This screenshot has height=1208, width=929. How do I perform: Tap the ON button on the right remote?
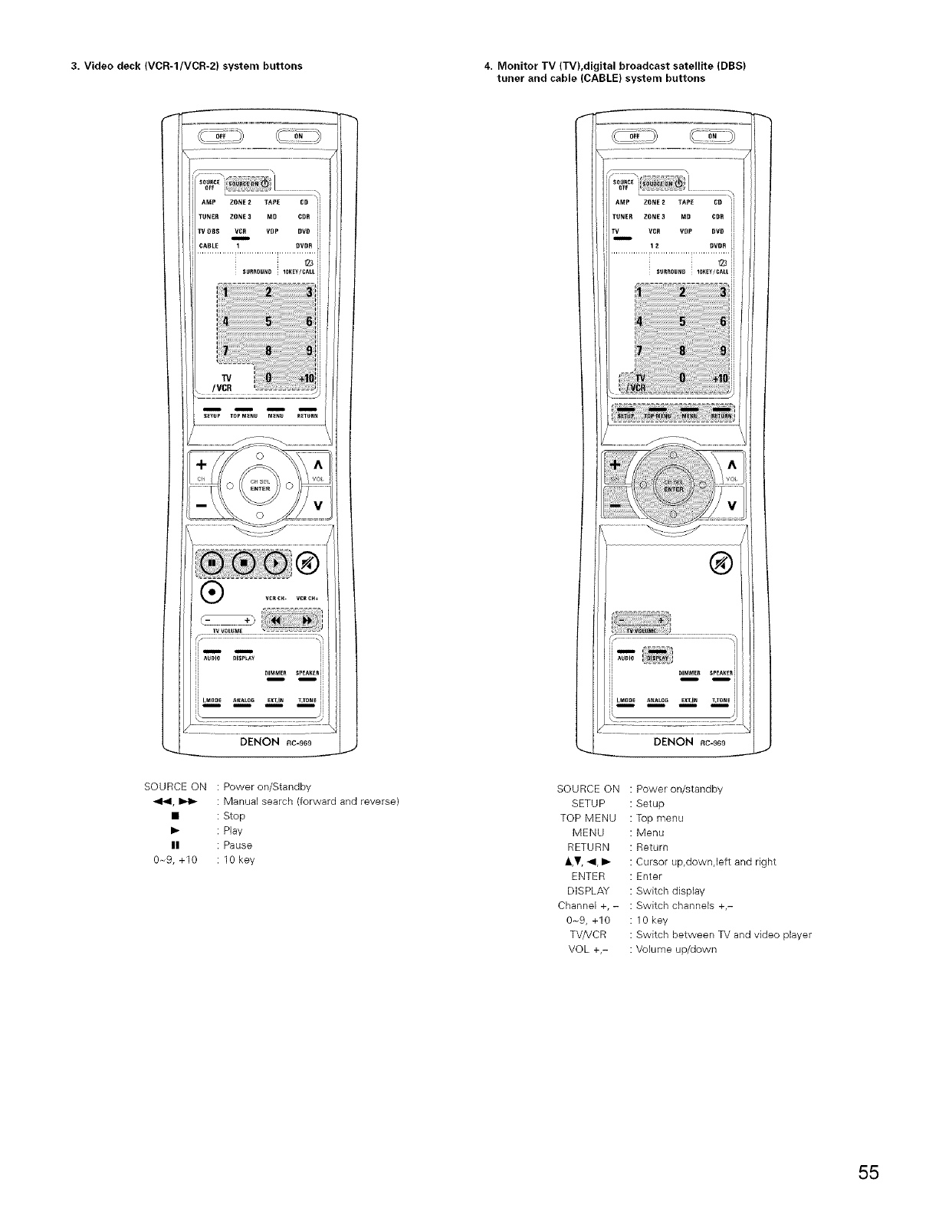(x=713, y=137)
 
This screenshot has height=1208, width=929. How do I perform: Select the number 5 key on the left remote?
(x=268, y=320)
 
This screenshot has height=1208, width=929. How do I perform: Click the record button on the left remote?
(x=211, y=592)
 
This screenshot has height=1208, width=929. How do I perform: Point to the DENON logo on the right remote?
(x=673, y=742)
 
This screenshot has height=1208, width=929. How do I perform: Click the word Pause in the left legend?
(x=238, y=845)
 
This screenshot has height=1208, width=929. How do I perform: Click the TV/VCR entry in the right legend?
(x=589, y=934)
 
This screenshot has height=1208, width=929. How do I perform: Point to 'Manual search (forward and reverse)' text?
(x=310, y=802)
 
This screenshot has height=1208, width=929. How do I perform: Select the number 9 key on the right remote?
(x=723, y=351)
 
